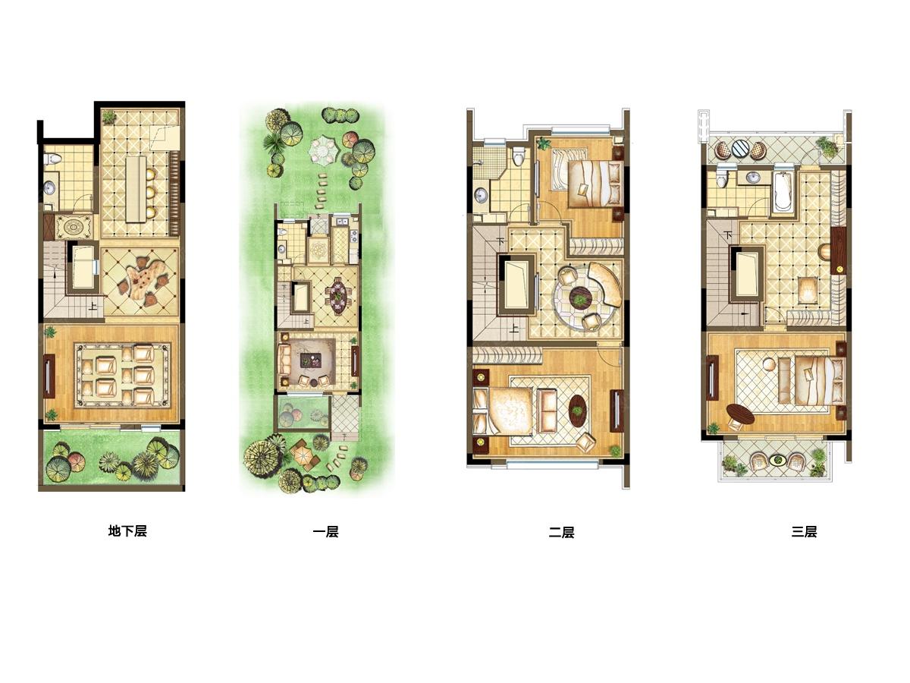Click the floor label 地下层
(x=127, y=531)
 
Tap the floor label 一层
(x=325, y=532)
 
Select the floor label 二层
(x=561, y=532)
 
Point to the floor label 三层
(x=804, y=532)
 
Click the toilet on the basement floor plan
(x=52, y=159)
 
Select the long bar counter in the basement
(x=136, y=189)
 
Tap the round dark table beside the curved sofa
(x=579, y=297)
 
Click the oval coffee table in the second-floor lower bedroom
(x=578, y=411)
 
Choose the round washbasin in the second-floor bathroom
(x=482, y=195)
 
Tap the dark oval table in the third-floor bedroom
(x=740, y=414)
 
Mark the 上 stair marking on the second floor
(x=513, y=330)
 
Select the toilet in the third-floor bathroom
(x=722, y=178)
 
